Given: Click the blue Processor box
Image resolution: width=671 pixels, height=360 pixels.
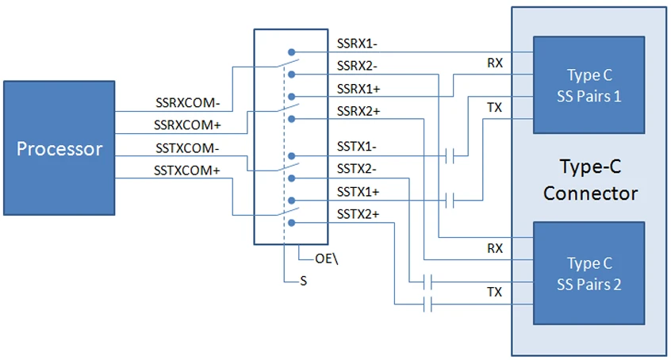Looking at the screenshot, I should point(59,148).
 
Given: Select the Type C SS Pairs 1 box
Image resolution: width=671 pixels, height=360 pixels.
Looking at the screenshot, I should point(589,85).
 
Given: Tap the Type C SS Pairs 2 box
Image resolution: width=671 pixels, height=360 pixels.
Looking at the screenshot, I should point(589,274).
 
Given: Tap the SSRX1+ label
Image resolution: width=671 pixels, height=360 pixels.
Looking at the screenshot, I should point(358,88).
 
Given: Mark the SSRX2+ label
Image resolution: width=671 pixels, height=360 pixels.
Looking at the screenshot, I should point(358,110).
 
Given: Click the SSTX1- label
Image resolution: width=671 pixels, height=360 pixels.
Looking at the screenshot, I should point(356,147).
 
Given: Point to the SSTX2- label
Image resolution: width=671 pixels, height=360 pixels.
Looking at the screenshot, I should point(356,168).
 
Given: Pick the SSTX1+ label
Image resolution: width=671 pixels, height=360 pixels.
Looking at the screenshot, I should point(358,191).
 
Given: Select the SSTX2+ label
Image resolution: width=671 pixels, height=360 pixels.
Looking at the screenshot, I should point(358,213).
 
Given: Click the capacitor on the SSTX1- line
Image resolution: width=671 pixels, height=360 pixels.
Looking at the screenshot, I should point(451,156).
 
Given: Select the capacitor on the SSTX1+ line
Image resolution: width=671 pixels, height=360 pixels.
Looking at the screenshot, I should point(451,201).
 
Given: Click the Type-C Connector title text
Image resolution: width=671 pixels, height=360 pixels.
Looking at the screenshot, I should point(589,181).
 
